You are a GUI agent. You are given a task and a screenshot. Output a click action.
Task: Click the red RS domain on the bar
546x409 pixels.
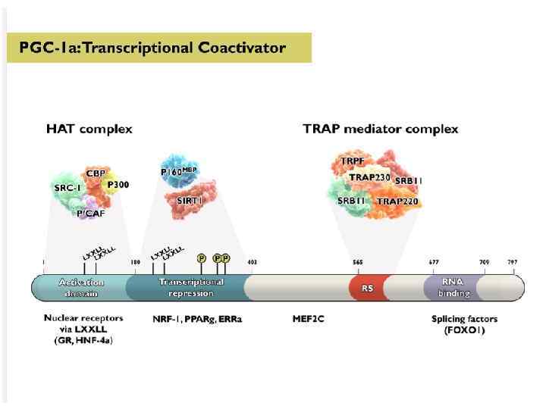[x=368, y=288]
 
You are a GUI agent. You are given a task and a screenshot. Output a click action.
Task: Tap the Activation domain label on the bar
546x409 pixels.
[x=81, y=288]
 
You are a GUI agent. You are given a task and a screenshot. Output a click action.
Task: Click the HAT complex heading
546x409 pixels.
[x=89, y=129]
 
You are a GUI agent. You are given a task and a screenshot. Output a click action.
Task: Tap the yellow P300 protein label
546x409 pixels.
[x=117, y=184]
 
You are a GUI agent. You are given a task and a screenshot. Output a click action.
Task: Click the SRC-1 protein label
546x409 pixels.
[x=67, y=187]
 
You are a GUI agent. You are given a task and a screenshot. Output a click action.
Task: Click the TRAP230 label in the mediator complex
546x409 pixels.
[x=369, y=177]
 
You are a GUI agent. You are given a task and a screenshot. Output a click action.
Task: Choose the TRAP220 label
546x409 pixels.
[x=398, y=201]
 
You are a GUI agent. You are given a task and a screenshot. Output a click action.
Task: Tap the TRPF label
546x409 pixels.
[x=353, y=161]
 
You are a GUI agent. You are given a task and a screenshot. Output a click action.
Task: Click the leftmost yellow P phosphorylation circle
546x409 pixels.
[x=202, y=258]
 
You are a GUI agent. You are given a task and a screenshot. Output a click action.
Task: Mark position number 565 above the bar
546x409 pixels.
[x=358, y=263]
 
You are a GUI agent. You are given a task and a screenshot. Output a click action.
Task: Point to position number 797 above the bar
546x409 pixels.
[x=512, y=263]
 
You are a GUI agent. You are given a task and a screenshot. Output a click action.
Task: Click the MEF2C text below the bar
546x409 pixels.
[x=309, y=319]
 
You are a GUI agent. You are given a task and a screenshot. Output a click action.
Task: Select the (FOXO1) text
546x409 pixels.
[x=464, y=330]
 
